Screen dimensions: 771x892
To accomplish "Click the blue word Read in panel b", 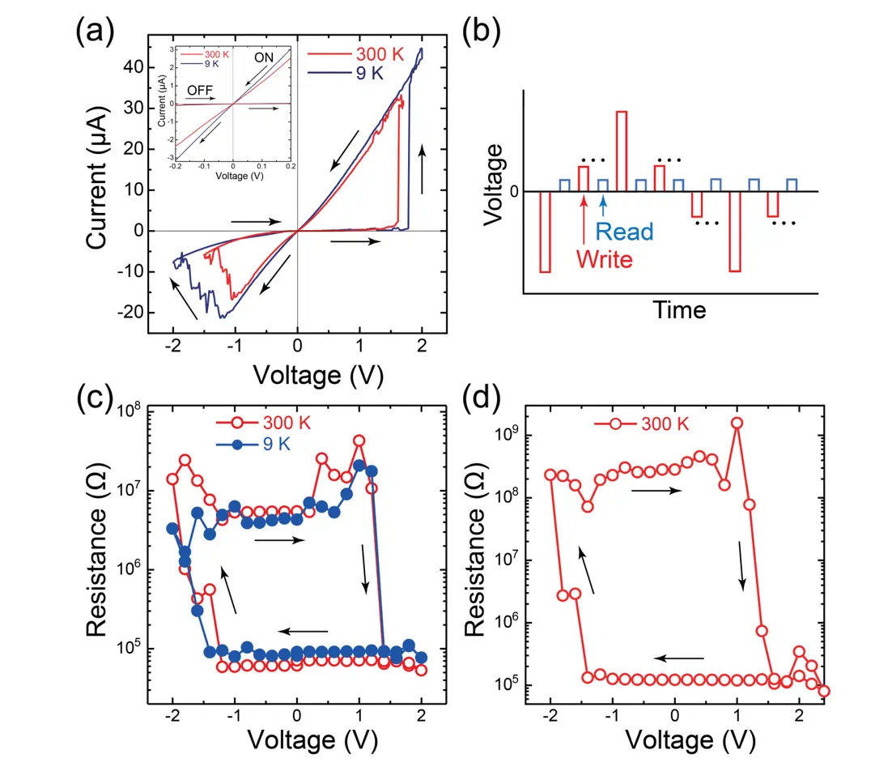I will point(623,232).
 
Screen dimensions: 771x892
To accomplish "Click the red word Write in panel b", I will point(604,260).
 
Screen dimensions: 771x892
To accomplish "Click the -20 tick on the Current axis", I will point(130,313).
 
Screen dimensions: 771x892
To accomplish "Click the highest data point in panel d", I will point(737,423).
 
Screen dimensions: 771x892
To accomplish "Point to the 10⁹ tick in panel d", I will point(512,436).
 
